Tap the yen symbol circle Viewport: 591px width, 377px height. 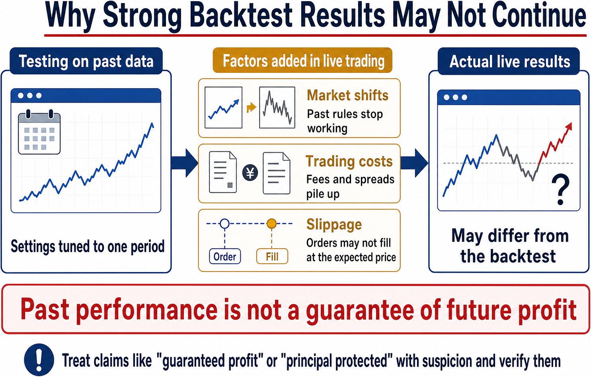tap(250, 173)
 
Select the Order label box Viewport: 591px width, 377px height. tap(225, 256)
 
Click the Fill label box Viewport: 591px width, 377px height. tap(272, 256)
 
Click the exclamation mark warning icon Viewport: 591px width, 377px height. tap(39, 360)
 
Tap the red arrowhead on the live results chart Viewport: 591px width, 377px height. tap(569, 126)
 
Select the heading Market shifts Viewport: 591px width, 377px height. tap(347, 95)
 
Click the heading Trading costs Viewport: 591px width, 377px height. tap(349, 161)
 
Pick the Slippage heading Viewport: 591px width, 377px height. tap(334, 225)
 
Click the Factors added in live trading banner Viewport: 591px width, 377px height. tap(302, 60)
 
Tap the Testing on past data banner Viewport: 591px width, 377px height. tap(86, 61)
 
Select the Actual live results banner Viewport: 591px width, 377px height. tap(509, 61)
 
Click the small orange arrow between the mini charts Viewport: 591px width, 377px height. tap(251, 107)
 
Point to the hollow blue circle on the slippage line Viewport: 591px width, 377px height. tap(224, 223)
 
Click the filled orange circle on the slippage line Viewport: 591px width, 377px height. tap(271, 223)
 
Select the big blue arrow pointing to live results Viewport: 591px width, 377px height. tap(414, 163)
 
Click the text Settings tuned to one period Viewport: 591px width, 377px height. tap(88, 247)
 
